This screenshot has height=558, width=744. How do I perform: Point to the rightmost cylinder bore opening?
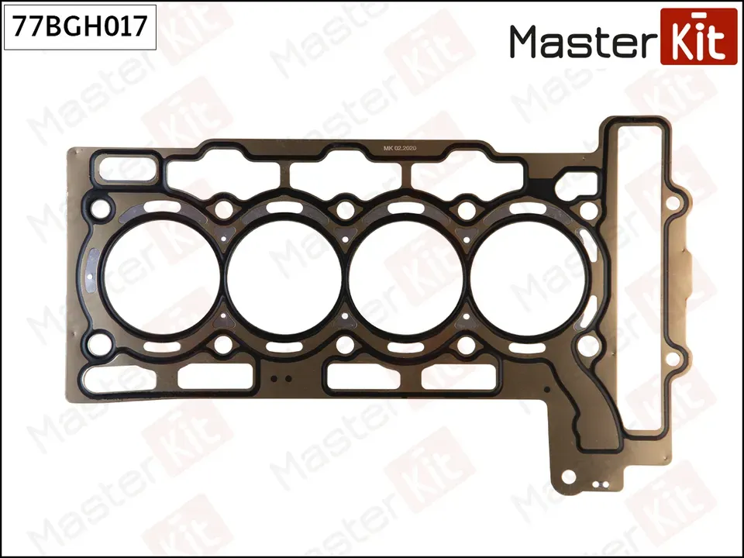[527, 275]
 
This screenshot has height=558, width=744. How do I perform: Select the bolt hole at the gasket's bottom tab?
[568, 477]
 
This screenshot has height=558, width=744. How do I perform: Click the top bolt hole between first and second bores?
[224, 208]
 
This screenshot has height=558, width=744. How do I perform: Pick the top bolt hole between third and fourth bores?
[467, 208]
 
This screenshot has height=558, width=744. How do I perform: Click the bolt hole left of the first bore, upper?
[98, 208]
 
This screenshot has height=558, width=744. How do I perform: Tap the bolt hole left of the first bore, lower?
[98, 342]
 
